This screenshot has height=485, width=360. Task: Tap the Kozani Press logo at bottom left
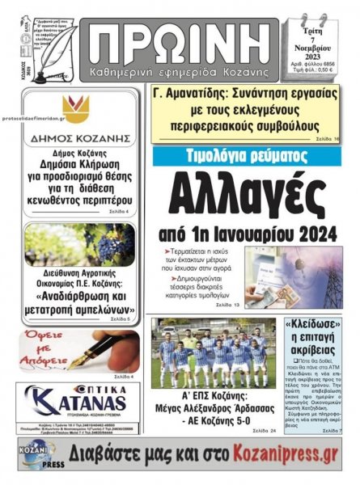[x=38, y=454]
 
